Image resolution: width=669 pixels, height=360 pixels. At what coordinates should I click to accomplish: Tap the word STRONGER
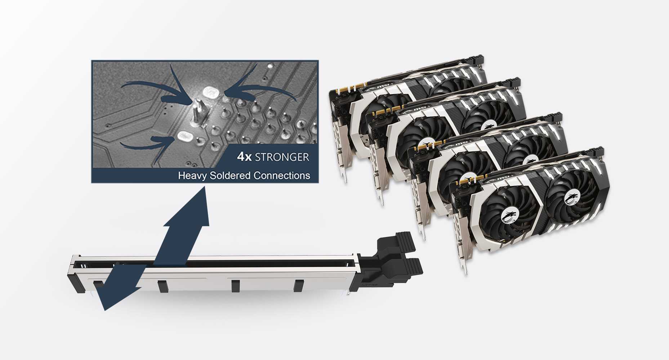[282, 157]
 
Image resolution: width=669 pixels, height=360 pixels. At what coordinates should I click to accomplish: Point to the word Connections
[282, 175]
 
